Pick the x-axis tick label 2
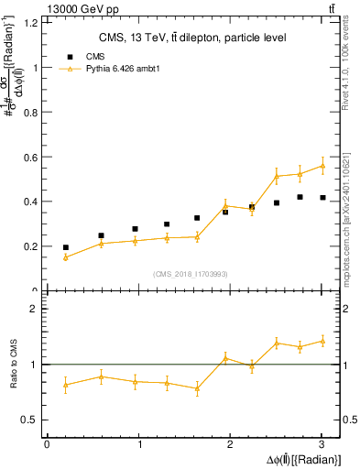click(231, 445)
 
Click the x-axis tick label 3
click(322, 445)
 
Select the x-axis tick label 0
click(47, 445)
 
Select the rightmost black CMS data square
click(322, 198)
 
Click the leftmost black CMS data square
click(65, 247)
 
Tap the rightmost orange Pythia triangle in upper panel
click(322, 166)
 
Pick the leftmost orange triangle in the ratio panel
click(65, 385)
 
